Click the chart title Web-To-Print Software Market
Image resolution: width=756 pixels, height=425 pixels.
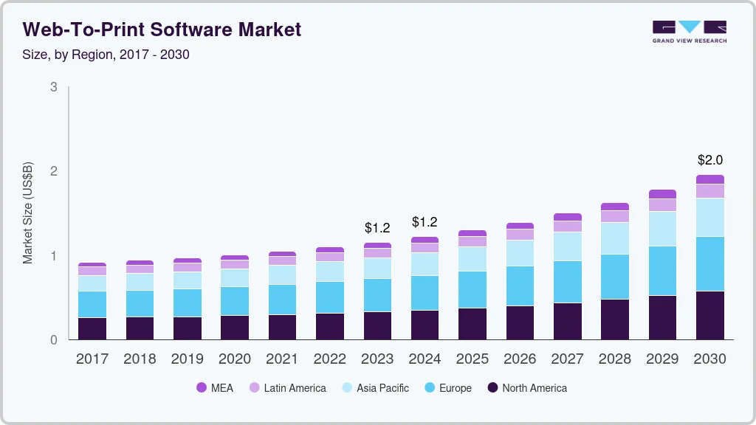[162, 30]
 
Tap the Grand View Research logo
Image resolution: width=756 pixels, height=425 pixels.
[689, 32]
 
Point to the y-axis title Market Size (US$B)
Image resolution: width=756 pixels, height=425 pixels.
[28, 213]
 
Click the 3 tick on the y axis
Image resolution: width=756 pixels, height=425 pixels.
[53, 87]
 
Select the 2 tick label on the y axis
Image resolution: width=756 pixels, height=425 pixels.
[53, 171]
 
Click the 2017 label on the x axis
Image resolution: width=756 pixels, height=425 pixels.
[92, 359]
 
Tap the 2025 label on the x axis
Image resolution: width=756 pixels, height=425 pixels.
[472, 359]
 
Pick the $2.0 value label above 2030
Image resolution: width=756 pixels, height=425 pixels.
[709, 160]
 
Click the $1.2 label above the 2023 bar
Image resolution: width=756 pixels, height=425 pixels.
[377, 228]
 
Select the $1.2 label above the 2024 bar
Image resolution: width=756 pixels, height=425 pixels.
[425, 222]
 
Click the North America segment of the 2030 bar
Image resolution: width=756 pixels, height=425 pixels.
[709, 315]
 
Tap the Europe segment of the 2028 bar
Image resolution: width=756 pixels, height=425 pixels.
[615, 277]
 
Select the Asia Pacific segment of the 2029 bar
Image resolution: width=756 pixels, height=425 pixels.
[662, 229]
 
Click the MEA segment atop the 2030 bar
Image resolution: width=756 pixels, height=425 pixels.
[709, 179]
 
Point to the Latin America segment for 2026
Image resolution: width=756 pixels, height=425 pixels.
[520, 235]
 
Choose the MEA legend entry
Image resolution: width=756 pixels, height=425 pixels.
[215, 388]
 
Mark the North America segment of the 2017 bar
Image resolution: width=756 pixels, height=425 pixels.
[92, 328]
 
